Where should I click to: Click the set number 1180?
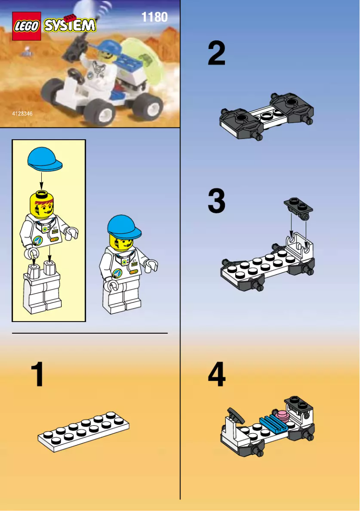click(x=154, y=17)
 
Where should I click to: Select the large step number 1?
click(x=38, y=375)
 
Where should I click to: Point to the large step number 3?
click(x=217, y=201)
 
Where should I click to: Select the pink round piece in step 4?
click(x=282, y=416)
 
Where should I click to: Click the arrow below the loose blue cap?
click(x=41, y=180)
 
